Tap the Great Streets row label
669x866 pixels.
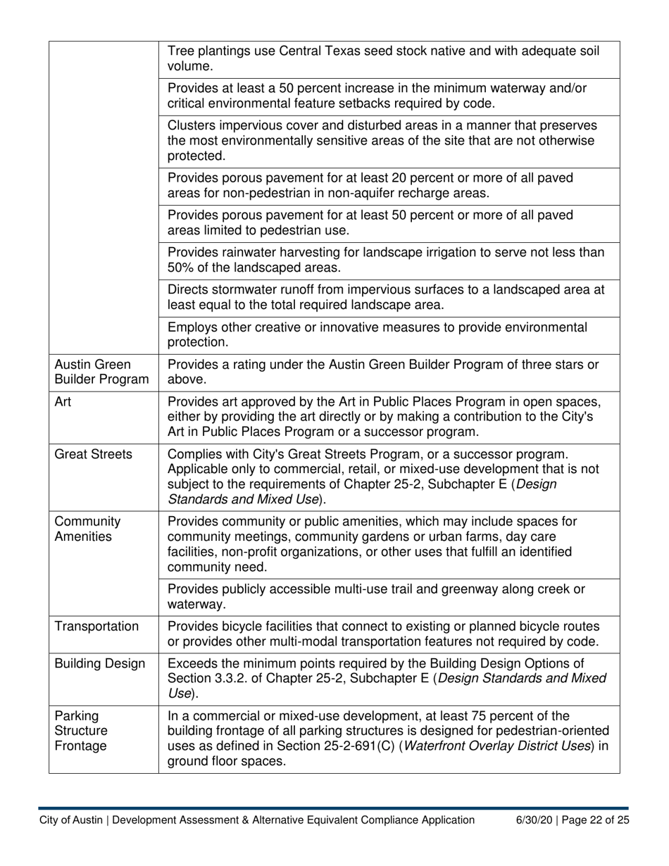click(x=93, y=454)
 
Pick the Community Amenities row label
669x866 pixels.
click(x=86, y=529)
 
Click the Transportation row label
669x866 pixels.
click(x=96, y=627)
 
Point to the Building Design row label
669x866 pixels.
click(x=100, y=663)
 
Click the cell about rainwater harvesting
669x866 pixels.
click(x=386, y=260)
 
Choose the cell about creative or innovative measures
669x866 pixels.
click(x=377, y=334)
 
